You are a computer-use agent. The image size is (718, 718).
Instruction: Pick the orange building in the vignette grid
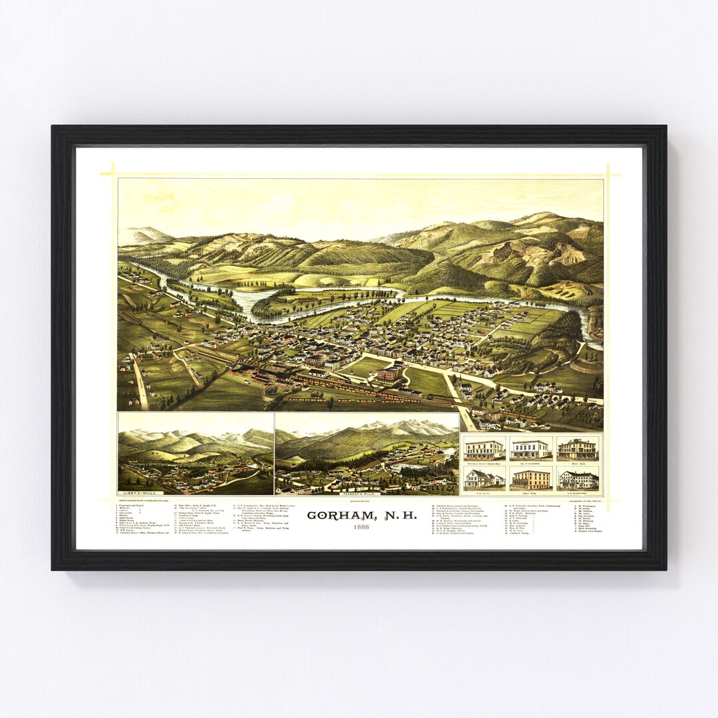pyautogui.click(x=531, y=478)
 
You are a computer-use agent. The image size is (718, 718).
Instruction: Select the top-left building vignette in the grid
pyautogui.click(x=485, y=449)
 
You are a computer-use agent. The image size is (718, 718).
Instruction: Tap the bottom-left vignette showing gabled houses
pyautogui.click(x=485, y=478)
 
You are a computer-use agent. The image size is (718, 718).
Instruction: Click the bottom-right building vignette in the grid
pyautogui.click(x=578, y=478)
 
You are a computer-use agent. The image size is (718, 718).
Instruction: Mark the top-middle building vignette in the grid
pyautogui.click(x=531, y=449)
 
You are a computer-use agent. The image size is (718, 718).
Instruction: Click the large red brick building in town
pyautogui.click(x=389, y=374)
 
